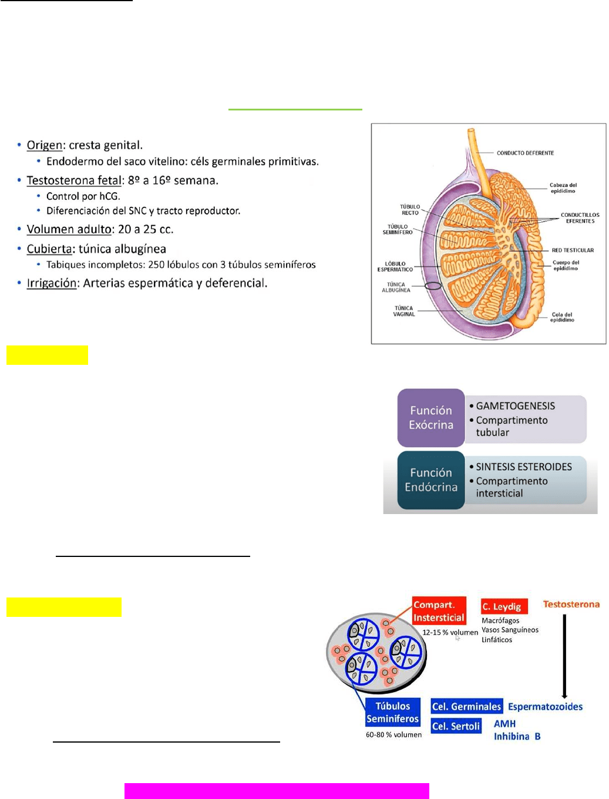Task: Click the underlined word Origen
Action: pyautogui.click(x=45, y=145)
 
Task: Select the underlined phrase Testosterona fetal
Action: pyautogui.click(x=74, y=180)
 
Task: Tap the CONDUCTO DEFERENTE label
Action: pyautogui.click(x=525, y=153)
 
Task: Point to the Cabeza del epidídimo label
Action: pyautogui.click(x=563, y=188)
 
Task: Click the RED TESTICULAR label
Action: pyautogui.click(x=573, y=250)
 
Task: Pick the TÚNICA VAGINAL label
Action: pyautogui.click(x=404, y=311)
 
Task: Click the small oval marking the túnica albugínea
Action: pyautogui.click(x=433, y=286)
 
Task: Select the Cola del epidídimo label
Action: pyautogui.click(x=562, y=317)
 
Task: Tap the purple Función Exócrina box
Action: pyautogui.click(x=431, y=418)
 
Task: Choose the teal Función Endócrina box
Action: pyautogui.click(x=431, y=480)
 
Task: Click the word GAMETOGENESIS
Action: pyautogui.click(x=515, y=406)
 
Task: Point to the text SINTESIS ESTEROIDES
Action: pyautogui.click(x=523, y=467)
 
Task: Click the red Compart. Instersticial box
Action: pyautogui.click(x=439, y=611)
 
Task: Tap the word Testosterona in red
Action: pyautogui.click(x=571, y=604)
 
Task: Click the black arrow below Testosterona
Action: pyautogui.click(x=564, y=655)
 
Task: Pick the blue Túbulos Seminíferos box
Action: pyautogui.click(x=392, y=712)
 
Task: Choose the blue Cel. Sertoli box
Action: pyautogui.click(x=456, y=726)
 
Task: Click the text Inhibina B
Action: pyautogui.click(x=517, y=736)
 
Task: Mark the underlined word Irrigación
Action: pyautogui.click(x=52, y=283)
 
